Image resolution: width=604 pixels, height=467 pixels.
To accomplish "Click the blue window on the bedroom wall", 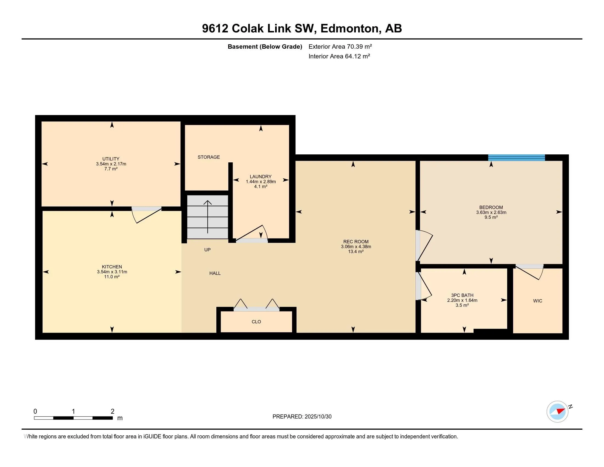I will pyautogui.click(x=516, y=158).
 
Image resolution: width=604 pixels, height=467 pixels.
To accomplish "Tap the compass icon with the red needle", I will pyautogui.click(x=557, y=412).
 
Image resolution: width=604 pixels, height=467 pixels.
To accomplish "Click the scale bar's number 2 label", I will pyautogui.click(x=112, y=411).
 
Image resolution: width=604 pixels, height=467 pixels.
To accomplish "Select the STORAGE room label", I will pyautogui.click(x=209, y=157).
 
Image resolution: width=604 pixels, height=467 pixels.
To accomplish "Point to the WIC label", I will pyautogui.click(x=537, y=301).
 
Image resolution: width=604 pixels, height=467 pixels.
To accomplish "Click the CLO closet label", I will pyautogui.click(x=256, y=321).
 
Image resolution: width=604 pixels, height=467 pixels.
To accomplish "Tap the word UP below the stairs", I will pyautogui.click(x=207, y=249).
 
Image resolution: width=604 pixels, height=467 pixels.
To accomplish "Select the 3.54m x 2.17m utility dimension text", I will pyautogui.click(x=111, y=164).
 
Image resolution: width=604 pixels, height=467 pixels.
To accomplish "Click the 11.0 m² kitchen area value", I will pyautogui.click(x=112, y=277).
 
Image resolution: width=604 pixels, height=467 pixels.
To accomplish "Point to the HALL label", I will pyautogui.click(x=215, y=273).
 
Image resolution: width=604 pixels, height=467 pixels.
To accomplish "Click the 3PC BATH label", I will pyautogui.click(x=462, y=295).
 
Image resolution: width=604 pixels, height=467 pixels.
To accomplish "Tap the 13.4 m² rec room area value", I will pyautogui.click(x=356, y=251).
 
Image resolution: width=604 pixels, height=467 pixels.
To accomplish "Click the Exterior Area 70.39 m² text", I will pyautogui.click(x=340, y=46).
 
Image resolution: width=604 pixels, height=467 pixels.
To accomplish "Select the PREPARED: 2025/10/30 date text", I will pyautogui.click(x=302, y=416).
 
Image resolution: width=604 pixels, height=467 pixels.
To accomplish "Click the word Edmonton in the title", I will pyautogui.click(x=349, y=29).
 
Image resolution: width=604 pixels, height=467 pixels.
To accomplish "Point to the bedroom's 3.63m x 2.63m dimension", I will pyautogui.click(x=491, y=212).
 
